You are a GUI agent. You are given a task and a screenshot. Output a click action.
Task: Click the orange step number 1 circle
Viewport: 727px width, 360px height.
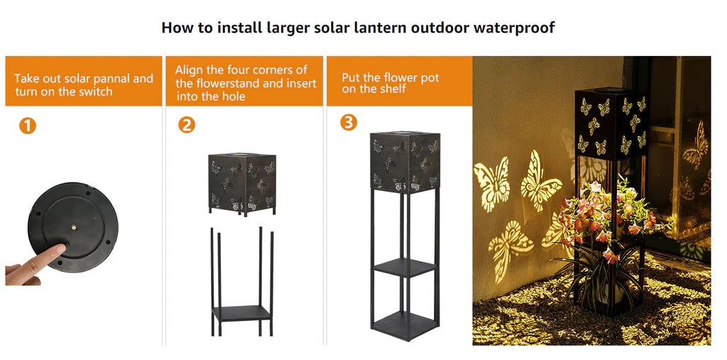click(x=28, y=125)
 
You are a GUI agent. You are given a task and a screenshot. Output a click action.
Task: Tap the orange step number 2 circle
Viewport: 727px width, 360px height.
click(x=187, y=124)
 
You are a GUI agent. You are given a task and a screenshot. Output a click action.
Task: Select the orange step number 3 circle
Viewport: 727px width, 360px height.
click(x=349, y=122)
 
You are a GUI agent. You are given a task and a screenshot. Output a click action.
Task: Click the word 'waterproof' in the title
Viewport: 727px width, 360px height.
click(x=514, y=28)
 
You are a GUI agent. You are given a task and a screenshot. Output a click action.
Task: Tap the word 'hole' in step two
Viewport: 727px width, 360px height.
click(x=233, y=97)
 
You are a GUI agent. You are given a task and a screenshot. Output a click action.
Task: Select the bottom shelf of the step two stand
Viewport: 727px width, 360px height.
click(x=241, y=313)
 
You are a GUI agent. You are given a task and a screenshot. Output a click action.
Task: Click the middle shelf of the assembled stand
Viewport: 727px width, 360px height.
click(x=404, y=268)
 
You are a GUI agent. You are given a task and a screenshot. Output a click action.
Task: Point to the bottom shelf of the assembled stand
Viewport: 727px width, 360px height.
click(x=404, y=324)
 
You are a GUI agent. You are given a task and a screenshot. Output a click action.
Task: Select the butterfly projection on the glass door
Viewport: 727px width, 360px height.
click(x=696, y=145)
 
